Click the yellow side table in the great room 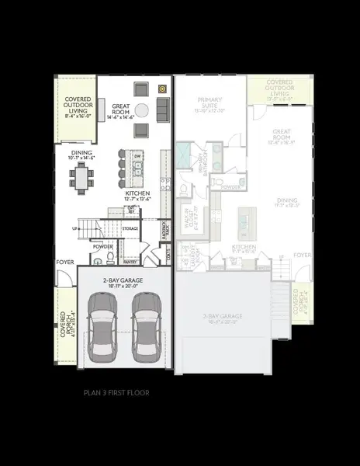point(163,88)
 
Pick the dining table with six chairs point(83,179)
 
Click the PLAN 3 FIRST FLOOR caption point(116,393)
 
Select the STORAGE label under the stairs point(130,228)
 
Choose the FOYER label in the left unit point(64,263)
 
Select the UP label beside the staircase point(75,228)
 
